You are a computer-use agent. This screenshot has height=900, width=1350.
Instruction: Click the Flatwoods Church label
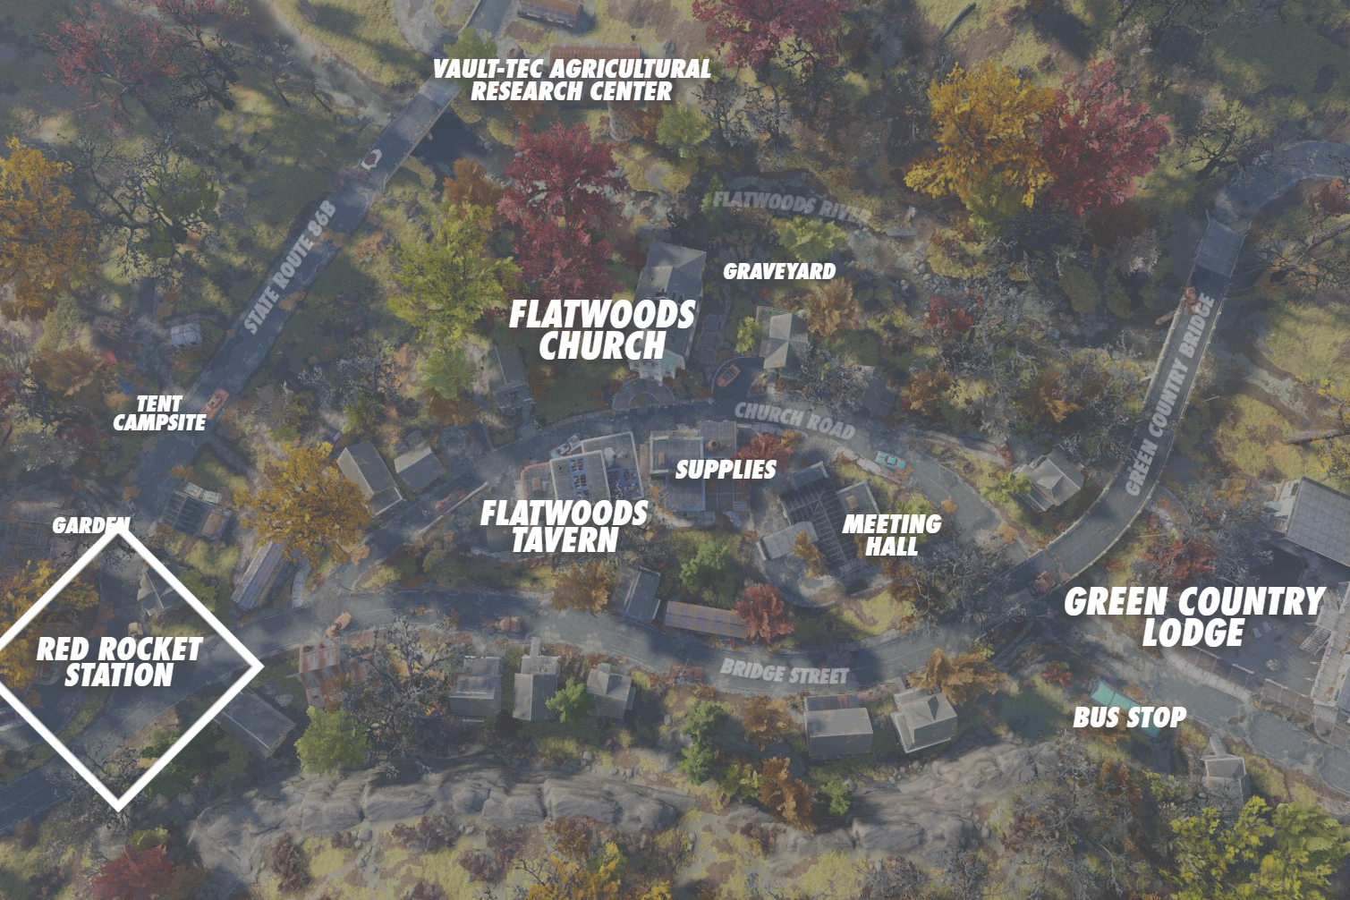coord(602,329)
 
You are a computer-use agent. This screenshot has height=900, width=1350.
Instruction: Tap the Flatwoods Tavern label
coord(564,526)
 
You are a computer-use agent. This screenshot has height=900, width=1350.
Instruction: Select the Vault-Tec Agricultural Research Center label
coord(572,80)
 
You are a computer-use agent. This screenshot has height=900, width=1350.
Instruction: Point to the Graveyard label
coord(779,271)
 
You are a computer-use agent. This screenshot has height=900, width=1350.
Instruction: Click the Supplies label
coord(726,469)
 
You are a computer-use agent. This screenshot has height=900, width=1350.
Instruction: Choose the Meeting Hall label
coord(891,534)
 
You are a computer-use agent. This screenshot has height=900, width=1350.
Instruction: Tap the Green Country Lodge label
coord(1193,616)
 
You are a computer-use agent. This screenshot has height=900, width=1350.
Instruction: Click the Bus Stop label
coord(1129,717)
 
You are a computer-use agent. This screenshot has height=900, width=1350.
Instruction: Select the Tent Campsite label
coord(159,413)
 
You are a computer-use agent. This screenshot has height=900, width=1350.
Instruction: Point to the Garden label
coord(90,525)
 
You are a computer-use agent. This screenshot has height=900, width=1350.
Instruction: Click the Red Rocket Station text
coord(119,662)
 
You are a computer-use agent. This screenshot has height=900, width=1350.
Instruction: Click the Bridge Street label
coord(784,672)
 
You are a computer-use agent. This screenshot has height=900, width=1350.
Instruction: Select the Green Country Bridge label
coord(1169,394)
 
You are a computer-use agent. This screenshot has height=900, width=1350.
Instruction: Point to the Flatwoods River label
coord(791,206)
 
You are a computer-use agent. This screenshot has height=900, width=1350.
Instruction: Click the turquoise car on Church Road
coord(889,459)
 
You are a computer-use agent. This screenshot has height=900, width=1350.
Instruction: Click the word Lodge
coord(1193,633)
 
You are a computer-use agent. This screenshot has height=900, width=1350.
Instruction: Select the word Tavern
coord(565,540)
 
